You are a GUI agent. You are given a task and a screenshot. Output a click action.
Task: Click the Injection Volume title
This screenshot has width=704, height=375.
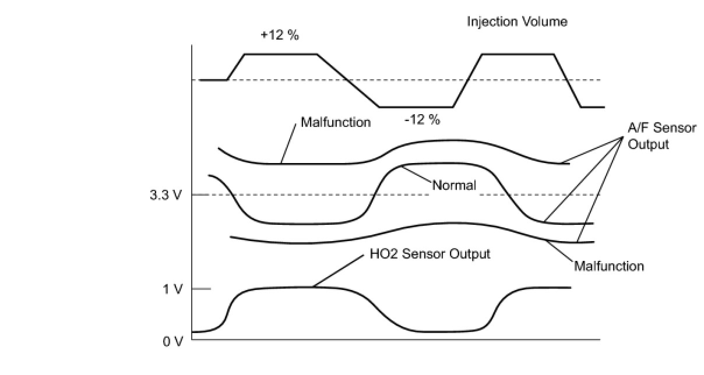pyautogui.click(x=517, y=22)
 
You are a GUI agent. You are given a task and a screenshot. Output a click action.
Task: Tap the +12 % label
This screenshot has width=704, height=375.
pyautogui.click(x=280, y=36)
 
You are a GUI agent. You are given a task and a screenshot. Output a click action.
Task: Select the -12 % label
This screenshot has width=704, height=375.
pyautogui.click(x=422, y=121)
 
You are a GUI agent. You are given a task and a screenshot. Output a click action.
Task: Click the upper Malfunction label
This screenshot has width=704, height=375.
pyautogui.click(x=335, y=122)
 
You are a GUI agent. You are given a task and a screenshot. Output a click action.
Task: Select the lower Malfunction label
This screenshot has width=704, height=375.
pyautogui.click(x=609, y=266)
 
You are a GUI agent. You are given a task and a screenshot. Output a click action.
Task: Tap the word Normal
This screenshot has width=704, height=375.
pyautogui.click(x=454, y=186)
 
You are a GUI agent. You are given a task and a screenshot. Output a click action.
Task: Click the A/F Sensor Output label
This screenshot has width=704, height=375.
pyautogui.click(x=661, y=136)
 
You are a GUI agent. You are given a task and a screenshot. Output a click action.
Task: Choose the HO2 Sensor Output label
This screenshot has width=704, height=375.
pyautogui.click(x=430, y=254)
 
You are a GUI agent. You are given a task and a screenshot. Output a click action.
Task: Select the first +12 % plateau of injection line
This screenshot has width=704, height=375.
pyautogui.click(x=280, y=54)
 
